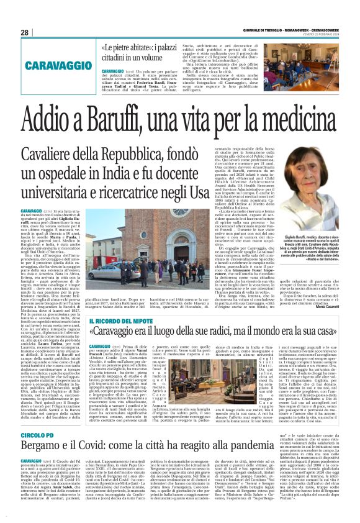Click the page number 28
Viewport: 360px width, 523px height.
coord(24,32)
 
